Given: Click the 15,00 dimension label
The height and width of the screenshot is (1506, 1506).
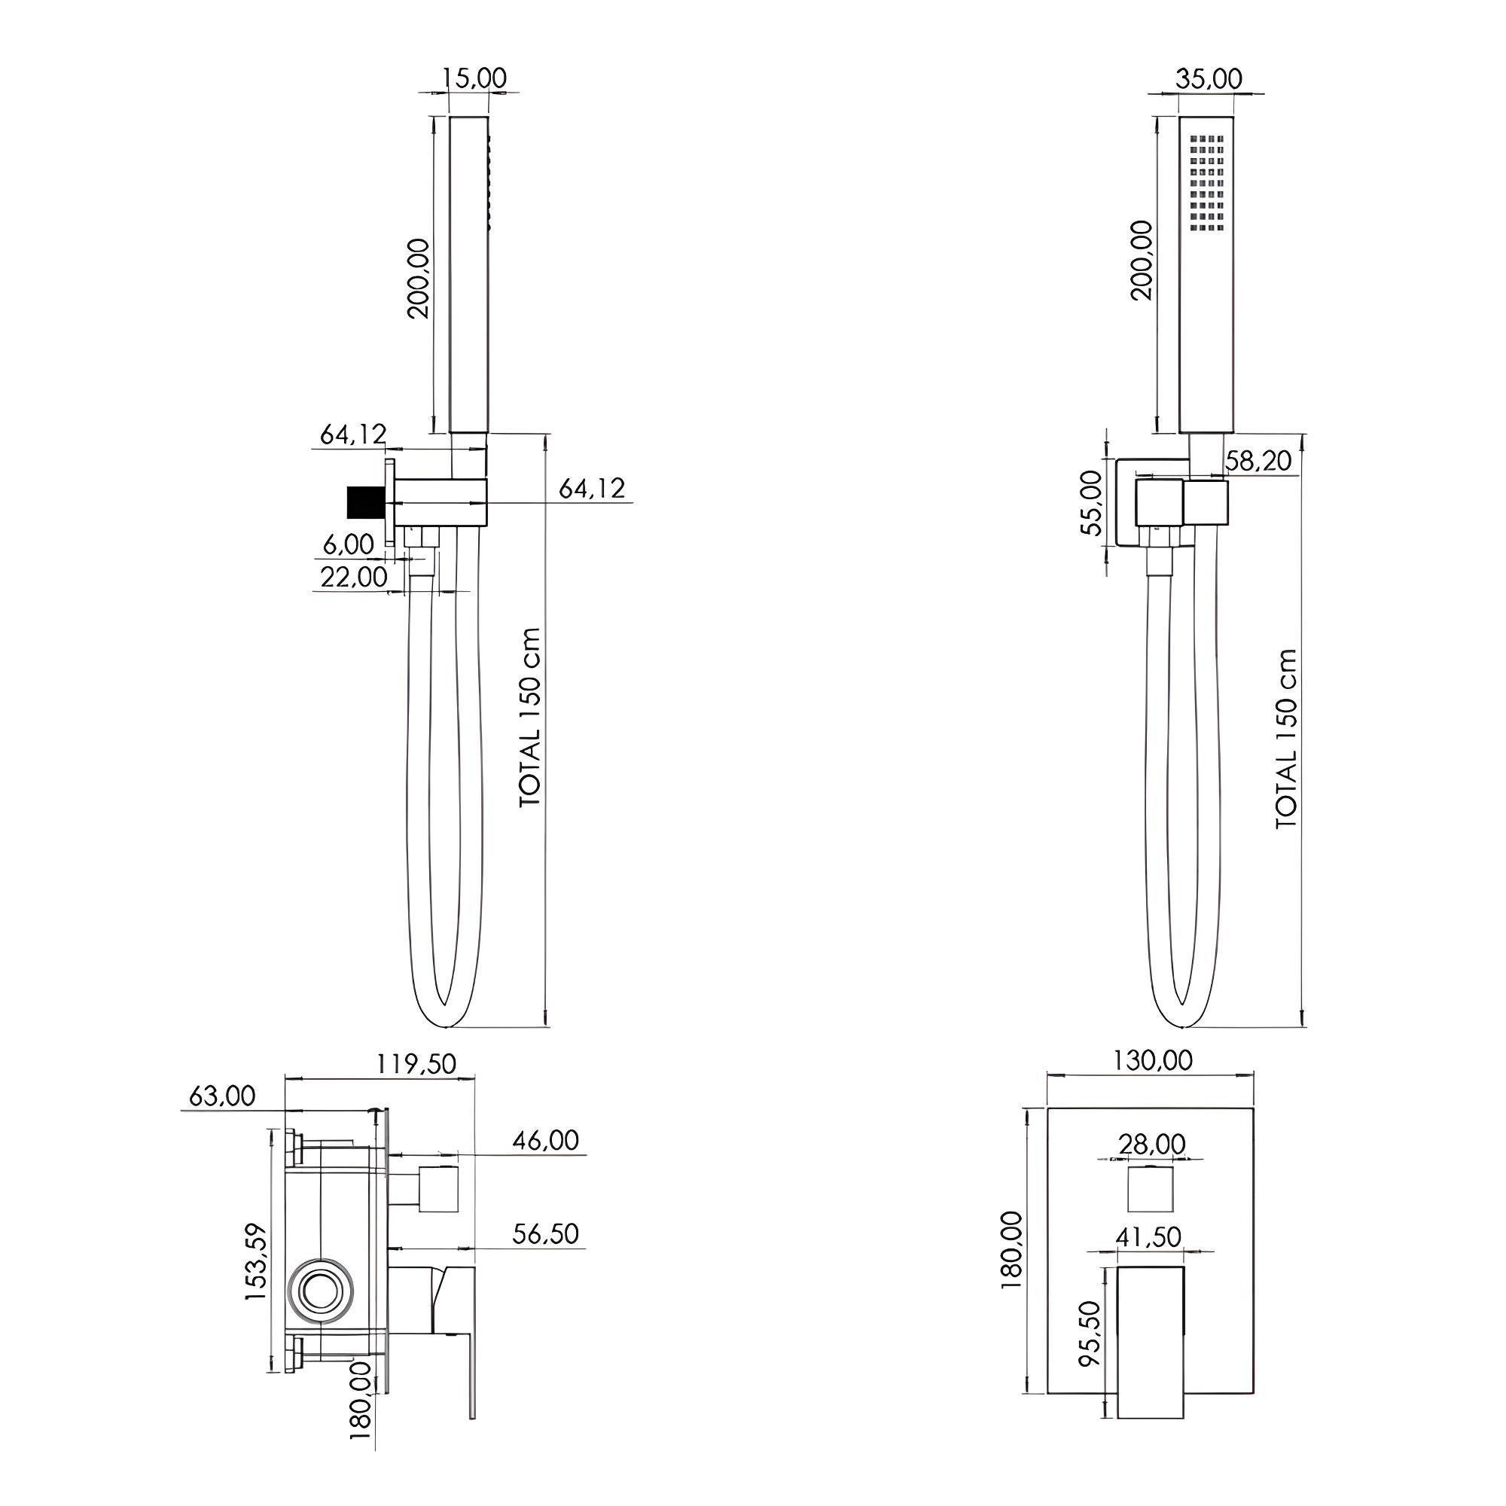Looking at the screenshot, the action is click(474, 79).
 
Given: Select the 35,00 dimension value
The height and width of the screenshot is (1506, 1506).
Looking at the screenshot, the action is click(1209, 79).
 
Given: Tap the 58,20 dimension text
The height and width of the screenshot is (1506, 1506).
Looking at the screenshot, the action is click(1258, 461).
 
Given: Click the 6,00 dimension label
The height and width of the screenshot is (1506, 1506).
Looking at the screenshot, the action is click(349, 544).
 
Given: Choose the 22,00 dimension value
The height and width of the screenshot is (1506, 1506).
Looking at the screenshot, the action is click(353, 577).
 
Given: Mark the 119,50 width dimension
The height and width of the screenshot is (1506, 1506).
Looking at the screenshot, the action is click(417, 1064).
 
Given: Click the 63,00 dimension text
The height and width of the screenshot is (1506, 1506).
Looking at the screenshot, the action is click(222, 1096).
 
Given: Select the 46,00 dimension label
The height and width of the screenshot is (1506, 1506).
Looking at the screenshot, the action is click(546, 1140).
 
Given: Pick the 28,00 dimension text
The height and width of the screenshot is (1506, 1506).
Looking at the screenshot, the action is click(1152, 1145).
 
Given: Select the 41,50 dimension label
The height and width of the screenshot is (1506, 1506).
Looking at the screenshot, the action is click(1148, 1237).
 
